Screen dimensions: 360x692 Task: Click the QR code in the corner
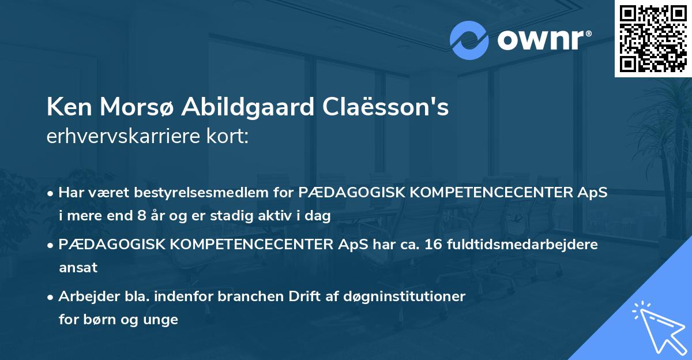point(653,38)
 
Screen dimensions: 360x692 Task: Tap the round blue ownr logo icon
point(469,40)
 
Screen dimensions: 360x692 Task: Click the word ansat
point(78,268)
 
